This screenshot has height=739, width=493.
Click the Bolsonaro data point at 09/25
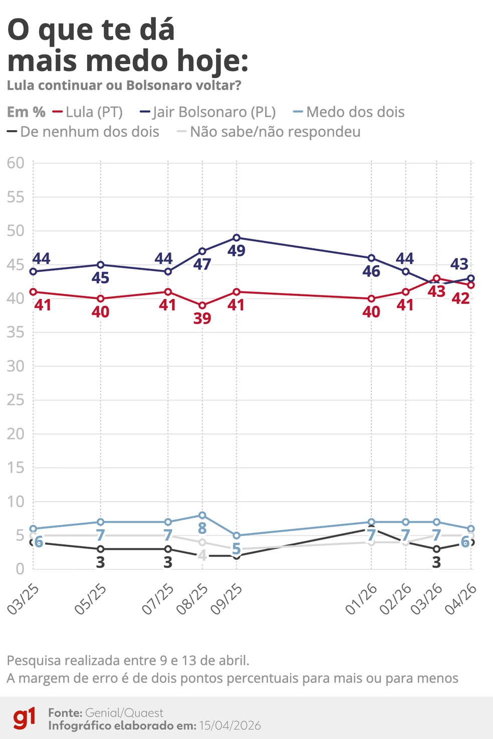pos(236,238)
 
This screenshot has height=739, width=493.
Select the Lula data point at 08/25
pos(202,305)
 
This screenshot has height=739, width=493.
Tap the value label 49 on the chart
pos(236,251)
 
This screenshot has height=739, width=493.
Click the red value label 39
pos(202,318)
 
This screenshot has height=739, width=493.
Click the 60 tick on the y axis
pos(16,163)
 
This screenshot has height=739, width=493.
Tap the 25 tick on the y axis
pos(16,400)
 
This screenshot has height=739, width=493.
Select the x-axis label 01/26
pos(361,599)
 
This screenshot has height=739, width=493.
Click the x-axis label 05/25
pos(91,599)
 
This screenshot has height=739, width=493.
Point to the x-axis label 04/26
pos(461,599)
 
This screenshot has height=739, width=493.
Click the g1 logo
pos(24,718)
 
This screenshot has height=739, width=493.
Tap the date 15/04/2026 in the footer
pos(230,725)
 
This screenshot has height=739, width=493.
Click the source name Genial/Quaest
pos(124,713)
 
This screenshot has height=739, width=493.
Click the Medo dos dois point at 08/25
pos(202,515)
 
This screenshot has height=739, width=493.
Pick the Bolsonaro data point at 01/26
pos(371,258)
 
